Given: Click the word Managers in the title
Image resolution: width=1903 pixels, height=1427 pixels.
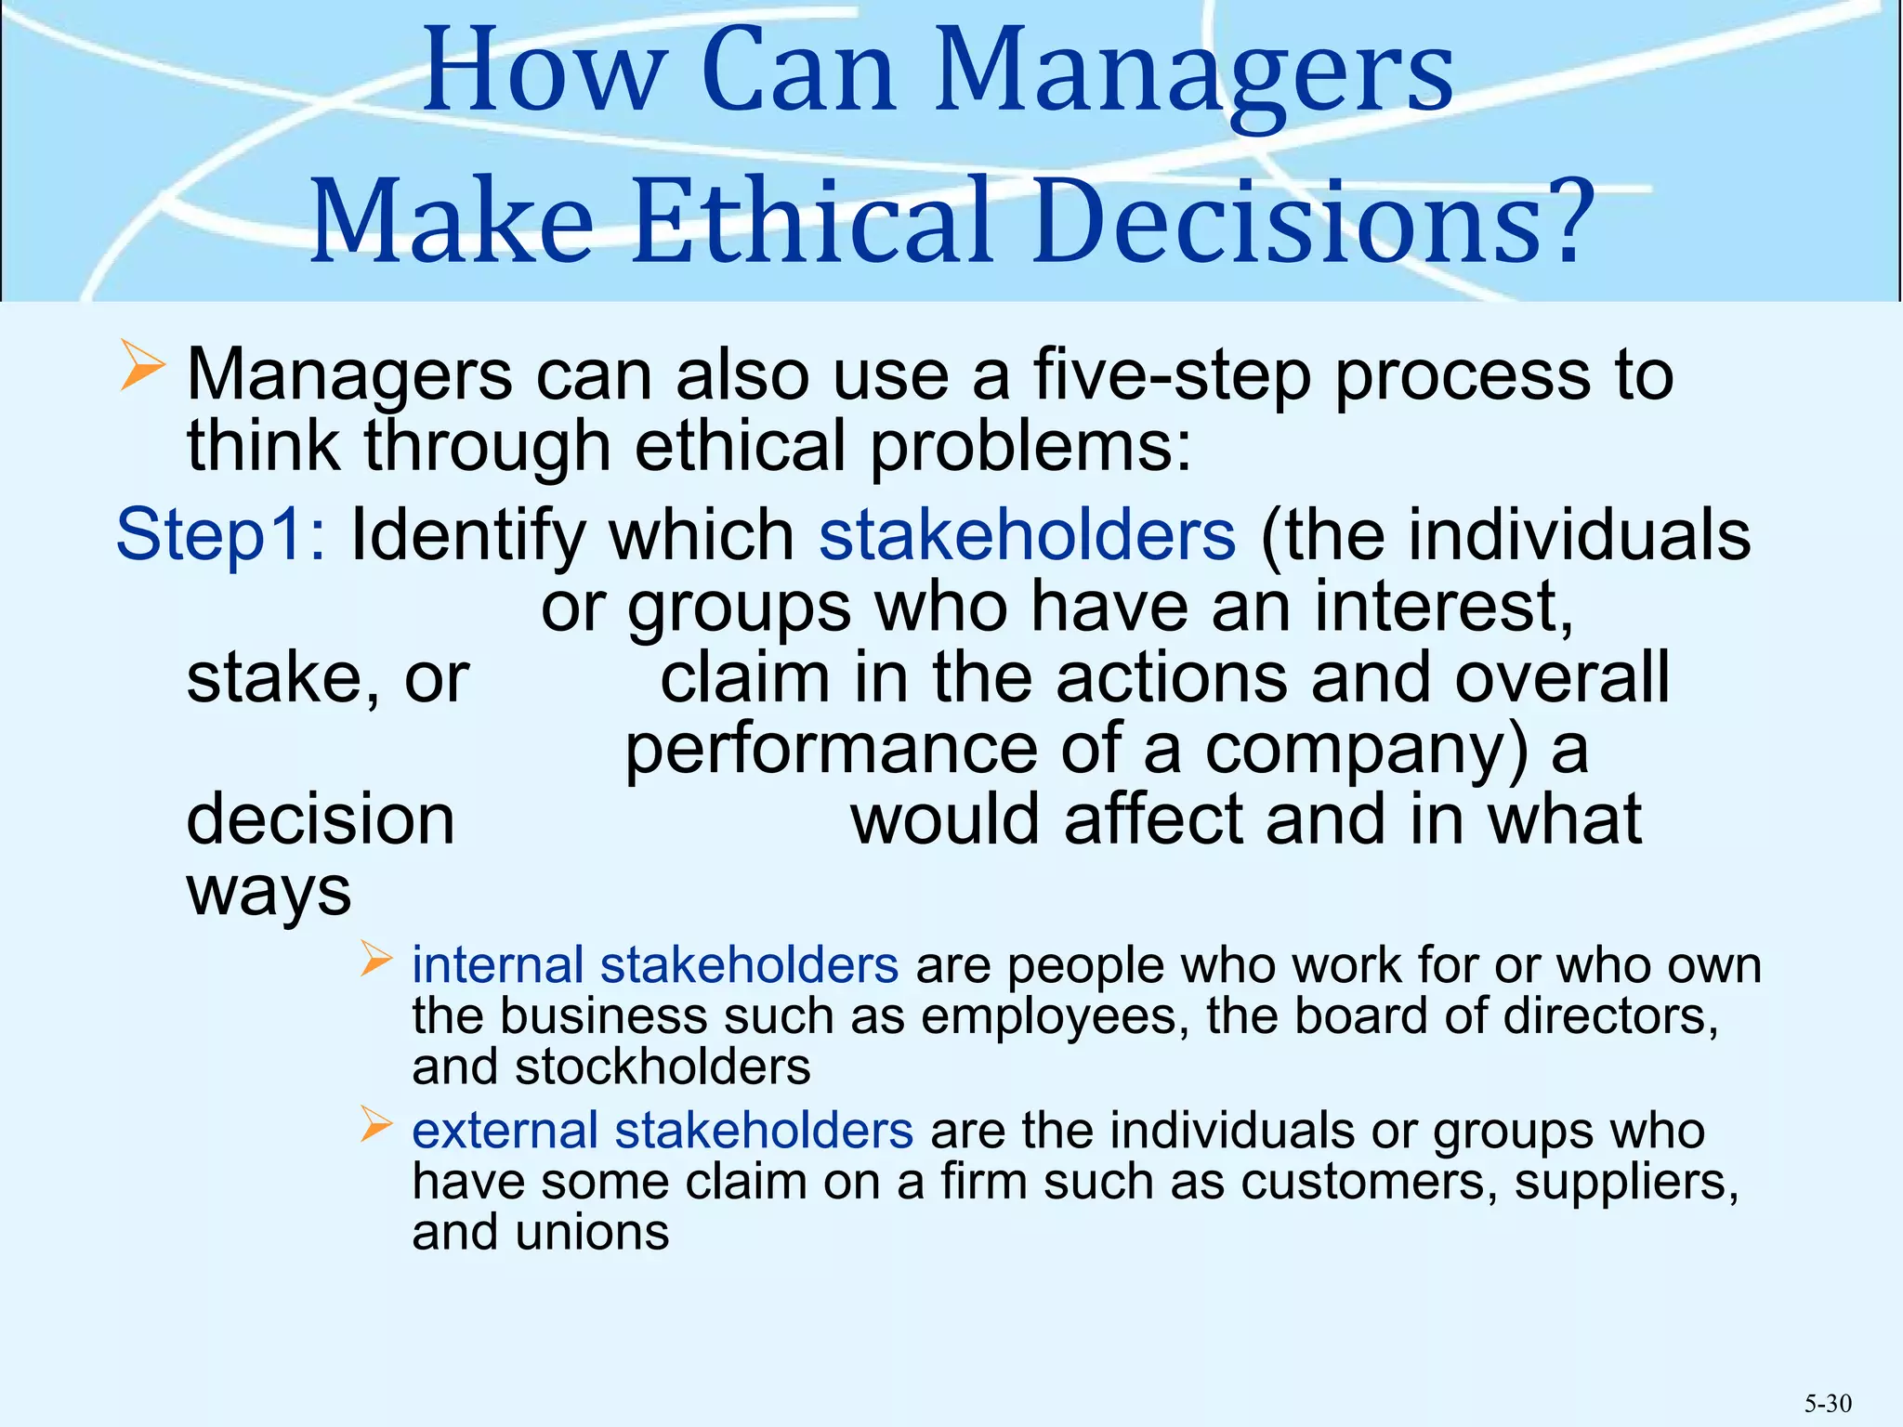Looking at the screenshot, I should pos(1193,74).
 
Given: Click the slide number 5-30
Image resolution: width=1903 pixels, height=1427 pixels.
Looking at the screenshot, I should pos(1828,1403).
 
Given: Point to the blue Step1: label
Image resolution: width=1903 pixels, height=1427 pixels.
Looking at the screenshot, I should pos(220,535).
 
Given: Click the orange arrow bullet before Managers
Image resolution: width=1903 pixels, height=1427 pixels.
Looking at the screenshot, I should pos(141,365).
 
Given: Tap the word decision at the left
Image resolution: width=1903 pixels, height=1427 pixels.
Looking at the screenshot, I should pos(321,819).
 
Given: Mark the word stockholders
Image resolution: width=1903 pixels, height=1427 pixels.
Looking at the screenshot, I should pos(663,1067).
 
